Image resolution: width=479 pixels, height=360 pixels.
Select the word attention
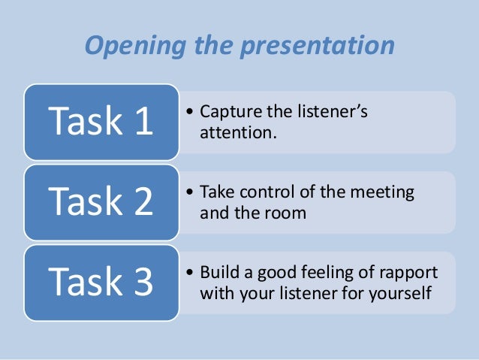click(231, 133)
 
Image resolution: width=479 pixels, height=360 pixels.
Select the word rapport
click(409, 272)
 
